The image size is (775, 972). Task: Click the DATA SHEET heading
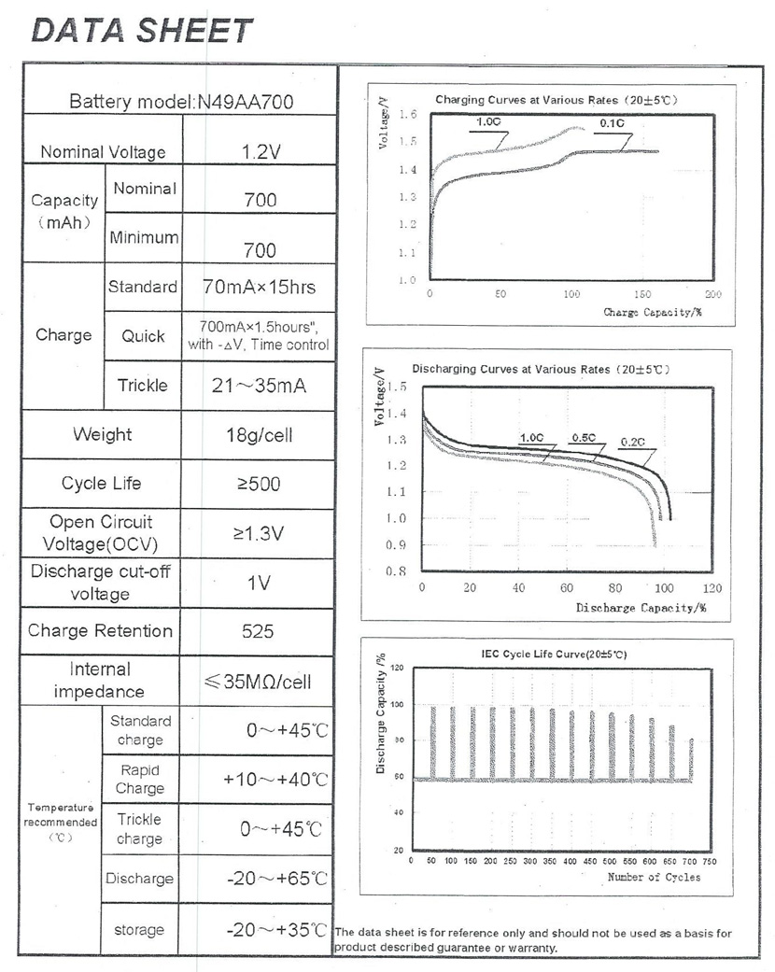tap(142, 31)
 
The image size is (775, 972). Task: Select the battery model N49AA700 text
tap(245, 102)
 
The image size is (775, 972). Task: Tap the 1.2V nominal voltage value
tap(261, 152)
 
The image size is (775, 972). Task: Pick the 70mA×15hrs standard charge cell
tap(260, 287)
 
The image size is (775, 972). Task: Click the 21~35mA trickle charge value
tap(259, 386)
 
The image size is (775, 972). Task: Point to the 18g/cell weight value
tap(260, 435)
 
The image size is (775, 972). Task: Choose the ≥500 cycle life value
tap(259, 484)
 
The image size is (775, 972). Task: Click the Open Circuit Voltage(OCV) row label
tap(101, 533)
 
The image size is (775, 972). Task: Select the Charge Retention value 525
tap(258, 631)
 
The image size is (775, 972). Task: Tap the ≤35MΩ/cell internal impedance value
tap(258, 682)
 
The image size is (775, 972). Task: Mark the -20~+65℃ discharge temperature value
tap(276, 879)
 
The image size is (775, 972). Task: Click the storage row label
tap(139, 929)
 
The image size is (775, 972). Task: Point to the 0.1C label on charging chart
tap(612, 123)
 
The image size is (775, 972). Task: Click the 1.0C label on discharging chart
tap(531, 438)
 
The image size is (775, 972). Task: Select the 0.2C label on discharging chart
tap(632, 442)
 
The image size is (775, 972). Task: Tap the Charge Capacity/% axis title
tap(653, 312)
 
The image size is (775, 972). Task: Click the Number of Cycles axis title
tap(655, 877)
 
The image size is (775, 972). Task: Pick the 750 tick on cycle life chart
tap(710, 861)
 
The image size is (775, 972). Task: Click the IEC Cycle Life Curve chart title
tap(554, 654)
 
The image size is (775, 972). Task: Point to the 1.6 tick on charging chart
tap(408, 114)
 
